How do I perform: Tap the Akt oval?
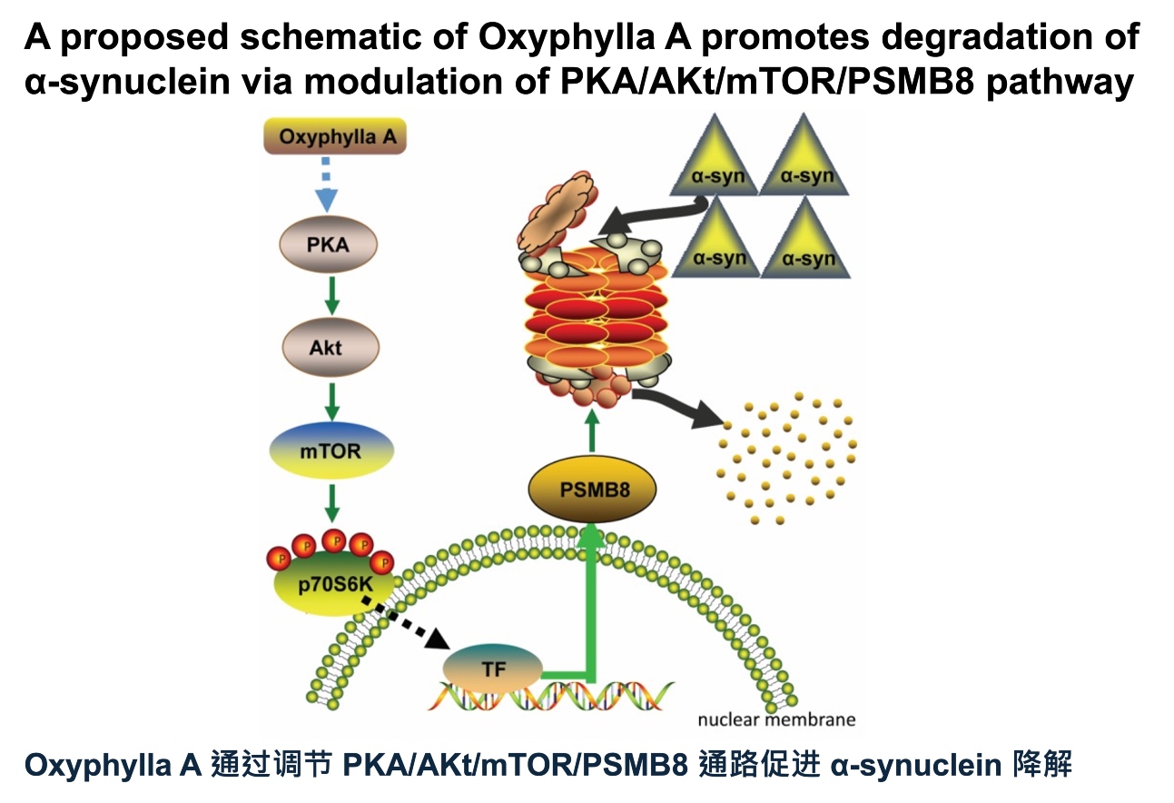click(x=327, y=347)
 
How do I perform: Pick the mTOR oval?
click(x=330, y=451)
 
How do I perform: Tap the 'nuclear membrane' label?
click(x=776, y=720)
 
